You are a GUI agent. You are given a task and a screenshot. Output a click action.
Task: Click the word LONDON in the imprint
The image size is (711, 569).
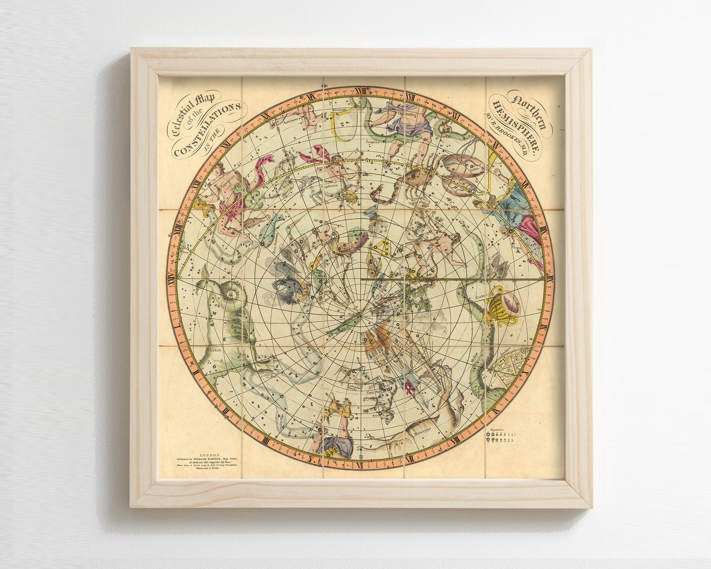point(211,454)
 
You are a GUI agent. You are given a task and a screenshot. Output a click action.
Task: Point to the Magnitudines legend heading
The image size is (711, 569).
point(501,430)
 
